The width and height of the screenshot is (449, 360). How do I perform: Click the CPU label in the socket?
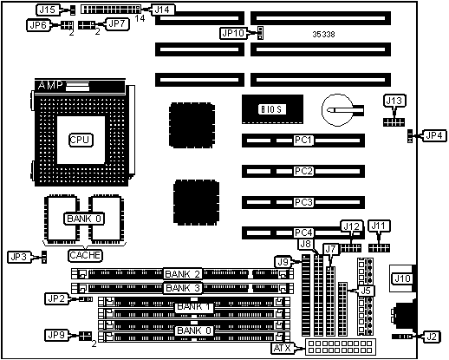point(81,140)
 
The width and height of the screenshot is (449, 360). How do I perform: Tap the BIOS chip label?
point(271,109)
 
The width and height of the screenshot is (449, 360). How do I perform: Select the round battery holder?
point(338,110)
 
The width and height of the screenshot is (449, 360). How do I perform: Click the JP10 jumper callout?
point(233,33)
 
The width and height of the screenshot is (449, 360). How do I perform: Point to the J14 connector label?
point(162,10)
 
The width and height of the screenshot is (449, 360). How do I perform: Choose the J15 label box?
point(48,10)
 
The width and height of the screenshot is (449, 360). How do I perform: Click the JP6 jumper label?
point(38,25)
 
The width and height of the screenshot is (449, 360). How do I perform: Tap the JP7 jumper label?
point(117,24)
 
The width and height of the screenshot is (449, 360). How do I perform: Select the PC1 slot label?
point(303,141)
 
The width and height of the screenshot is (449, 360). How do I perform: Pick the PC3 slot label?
point(303,202)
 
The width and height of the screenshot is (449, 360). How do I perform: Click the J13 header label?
point(394,101)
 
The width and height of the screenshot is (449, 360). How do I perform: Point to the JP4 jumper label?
point(434,135)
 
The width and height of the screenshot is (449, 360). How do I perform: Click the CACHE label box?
point(85,255)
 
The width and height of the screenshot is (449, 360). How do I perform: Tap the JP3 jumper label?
point(19,257)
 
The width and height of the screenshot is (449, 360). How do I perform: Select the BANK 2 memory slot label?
point(182,273)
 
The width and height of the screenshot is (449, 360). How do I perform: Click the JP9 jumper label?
point(56,335)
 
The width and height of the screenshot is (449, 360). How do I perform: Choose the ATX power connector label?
point(283,348)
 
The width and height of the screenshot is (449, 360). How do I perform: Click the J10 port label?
point(402,278)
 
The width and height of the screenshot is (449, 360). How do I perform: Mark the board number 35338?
point(323,35)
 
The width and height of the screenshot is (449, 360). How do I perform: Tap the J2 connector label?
point(432,337)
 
